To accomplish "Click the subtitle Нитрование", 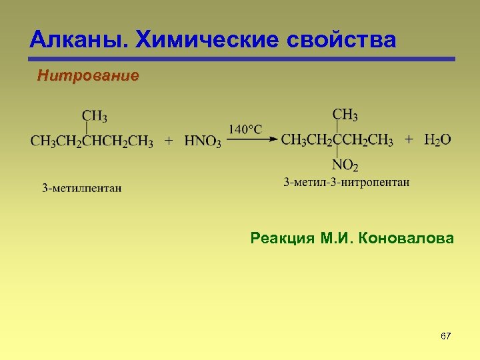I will tap(88, 76).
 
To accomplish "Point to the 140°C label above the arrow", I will tap(245, 129).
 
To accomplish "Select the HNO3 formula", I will tap(203, 141).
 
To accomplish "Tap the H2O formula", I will tap(437, 140).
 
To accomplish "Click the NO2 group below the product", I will tap(345, 165).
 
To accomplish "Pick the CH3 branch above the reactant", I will tap(95, 116).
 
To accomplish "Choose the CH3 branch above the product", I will tap(345, 115).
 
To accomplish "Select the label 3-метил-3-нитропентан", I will tap(347, 182).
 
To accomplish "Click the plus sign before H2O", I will tap(409, 140).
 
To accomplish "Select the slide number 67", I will tap(446, 336).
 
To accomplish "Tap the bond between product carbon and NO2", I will tap(337, 153).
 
